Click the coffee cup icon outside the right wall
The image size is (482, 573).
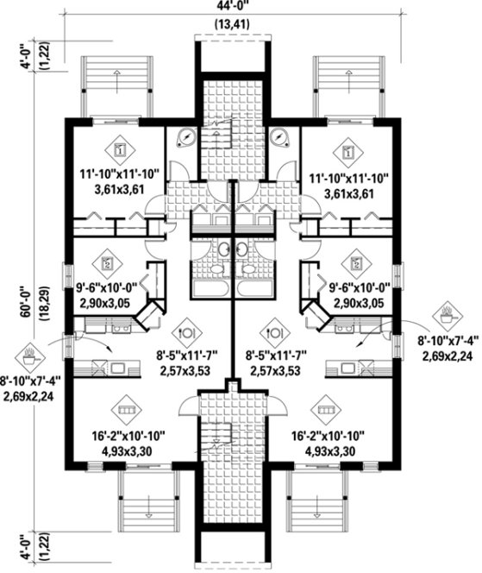pos(448,309)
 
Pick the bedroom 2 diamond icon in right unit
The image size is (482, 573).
pos(354,260)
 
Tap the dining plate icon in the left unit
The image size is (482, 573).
pos(185,329)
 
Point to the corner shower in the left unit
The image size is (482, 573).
pos(184,140)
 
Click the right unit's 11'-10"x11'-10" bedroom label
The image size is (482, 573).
pos(347,179)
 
